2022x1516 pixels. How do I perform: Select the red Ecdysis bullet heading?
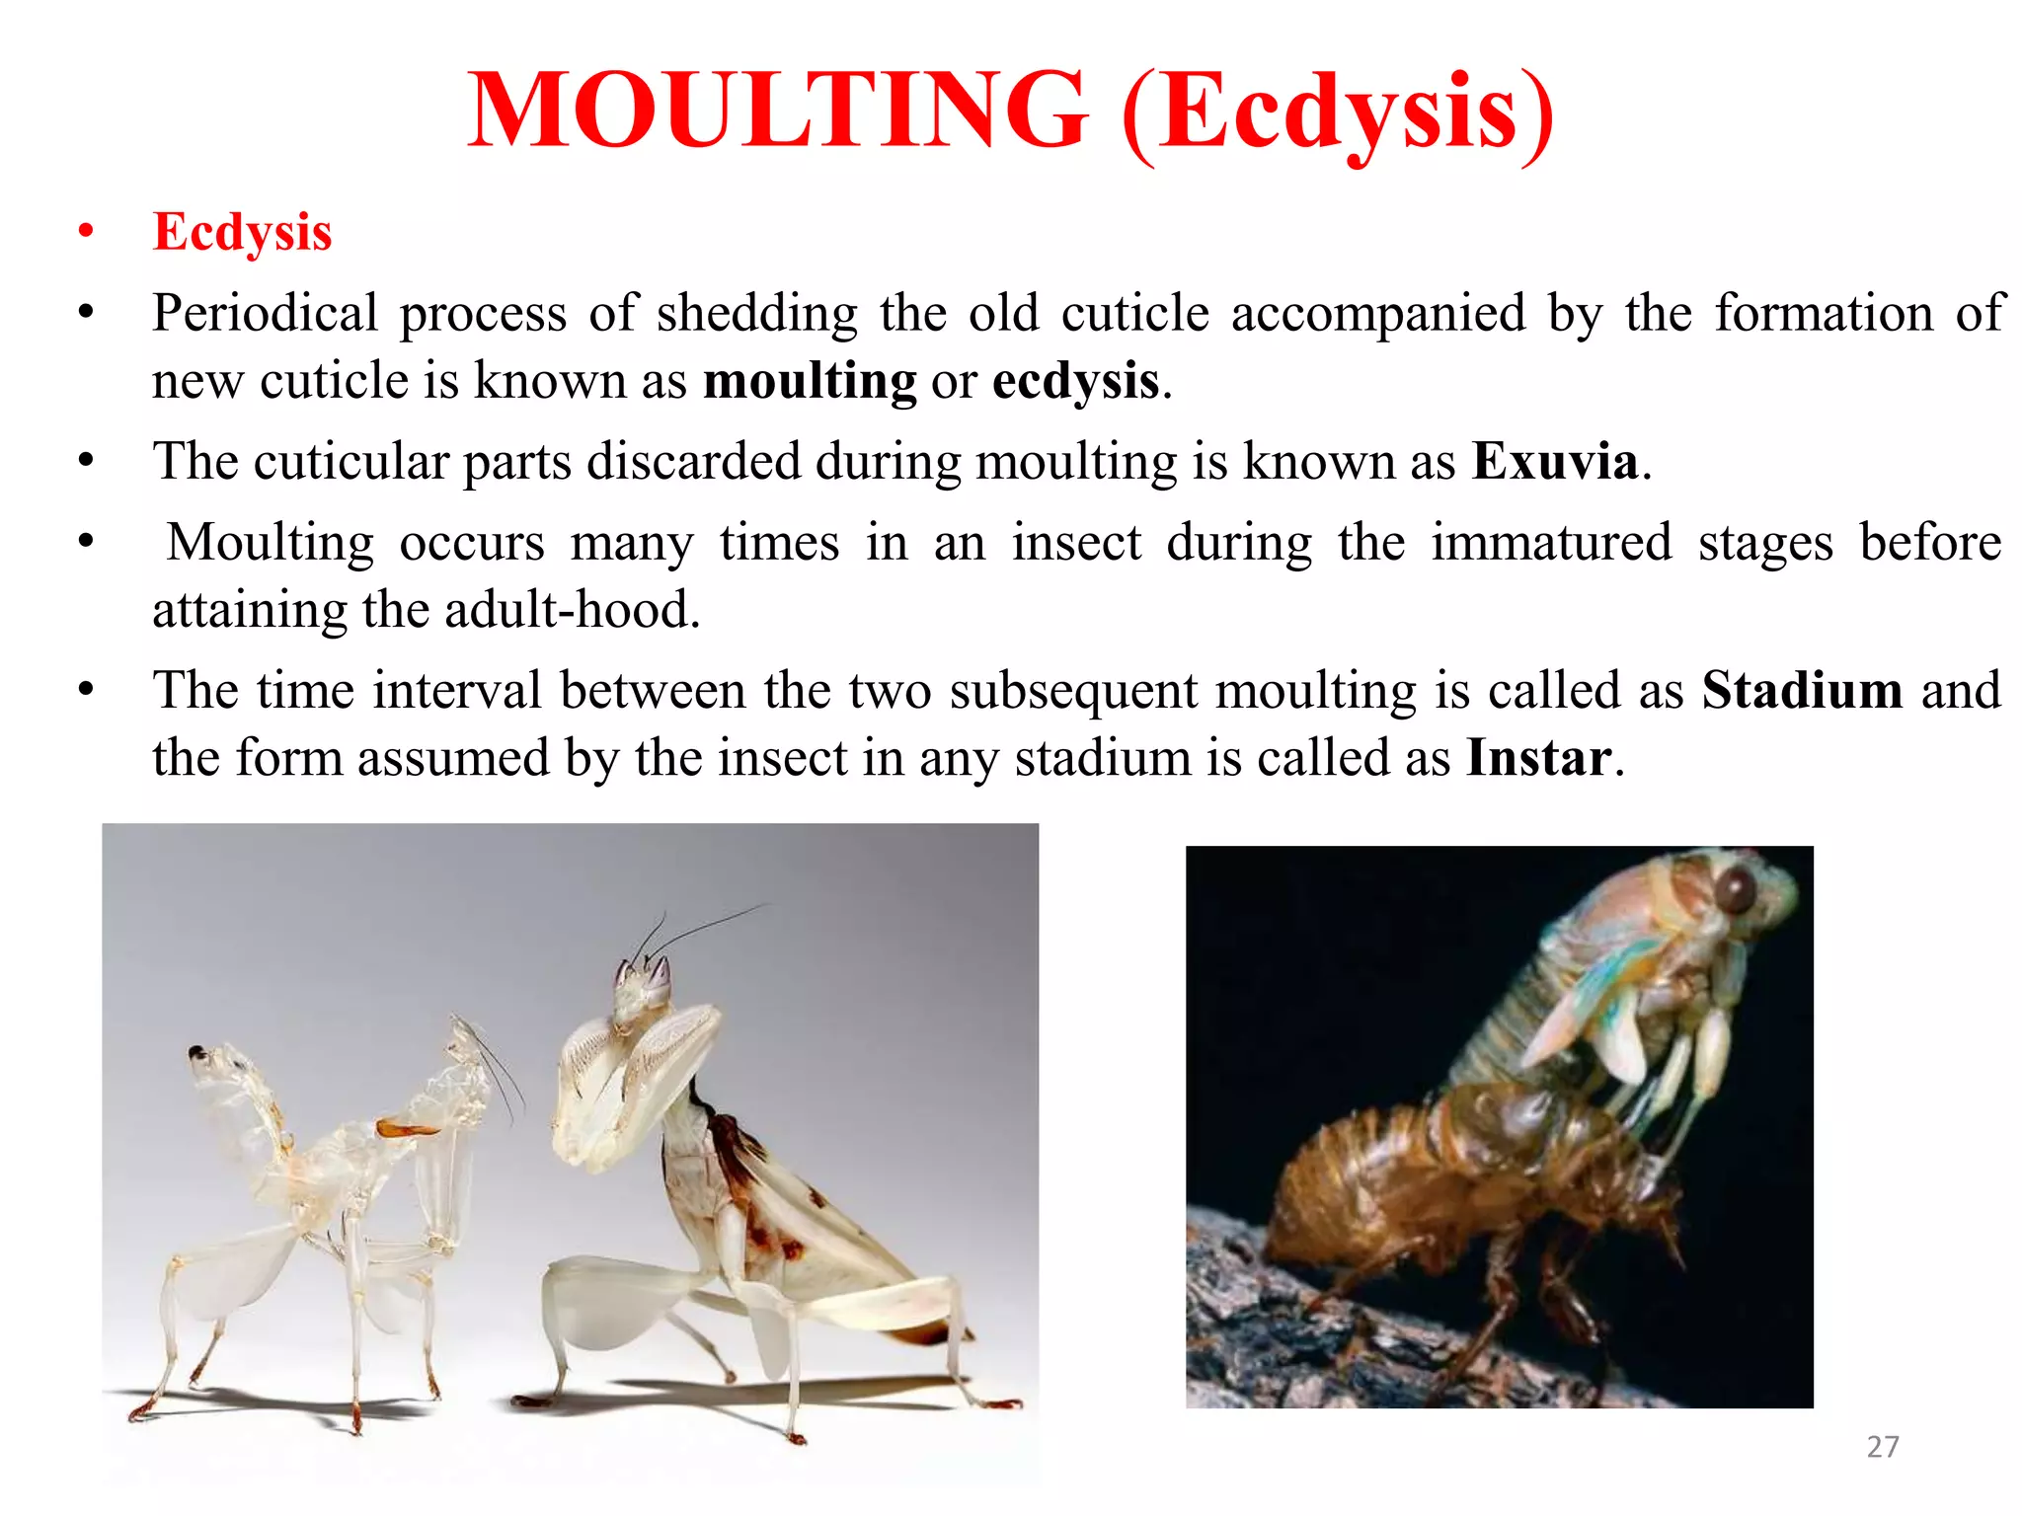(x=242, y=233)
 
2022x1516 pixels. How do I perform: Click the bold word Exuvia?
(x=1555, y=462)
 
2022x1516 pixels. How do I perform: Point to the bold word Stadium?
(x=1802, y=690)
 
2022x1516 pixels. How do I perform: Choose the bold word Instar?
(x=1539, y=758)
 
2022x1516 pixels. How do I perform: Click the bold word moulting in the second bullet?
(x=810, y=381)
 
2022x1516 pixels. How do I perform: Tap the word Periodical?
(x=265, y=314)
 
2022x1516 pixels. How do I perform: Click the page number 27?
(x=1882, y=1447)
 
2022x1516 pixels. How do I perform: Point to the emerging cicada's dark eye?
(x=1735, y=889)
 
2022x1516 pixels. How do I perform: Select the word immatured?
(x=1551, y=543)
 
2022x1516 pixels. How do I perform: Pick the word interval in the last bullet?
(x=457, y=690)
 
